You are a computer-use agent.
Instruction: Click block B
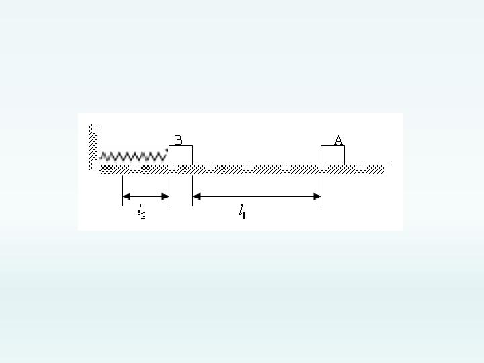181,155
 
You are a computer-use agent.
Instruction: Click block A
333,155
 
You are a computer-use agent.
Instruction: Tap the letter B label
179,140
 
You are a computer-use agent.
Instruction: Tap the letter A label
339,140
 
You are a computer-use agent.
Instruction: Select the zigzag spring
133,156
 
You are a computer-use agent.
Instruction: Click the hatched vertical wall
93,147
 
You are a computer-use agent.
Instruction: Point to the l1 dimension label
242,212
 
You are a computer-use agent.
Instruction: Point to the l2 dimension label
141,212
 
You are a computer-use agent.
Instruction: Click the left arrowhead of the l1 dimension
196,196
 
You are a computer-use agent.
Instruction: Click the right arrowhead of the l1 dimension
317,196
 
